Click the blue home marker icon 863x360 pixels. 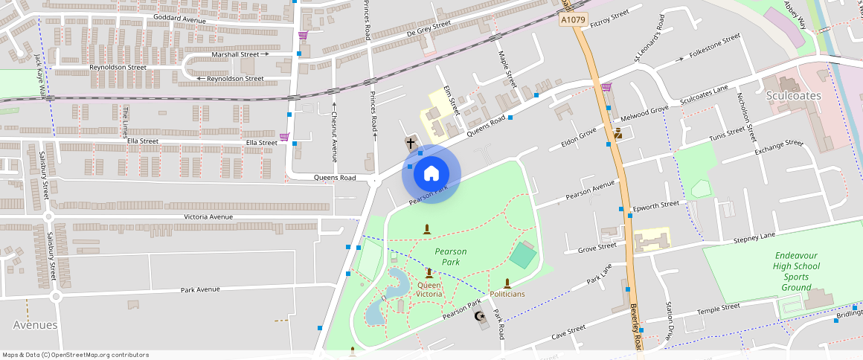(x=431, y=174)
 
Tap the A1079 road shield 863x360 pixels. (x=574, y=20)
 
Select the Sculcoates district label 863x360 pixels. (x=793, y=96)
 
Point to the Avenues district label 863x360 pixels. (x=35, y=325)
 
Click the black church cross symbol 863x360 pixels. (x=410, y=142)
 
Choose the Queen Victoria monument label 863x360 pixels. (x=429, y=289)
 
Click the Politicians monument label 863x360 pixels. (x=507, y=294)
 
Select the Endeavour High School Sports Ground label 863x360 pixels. (x=796, y=271)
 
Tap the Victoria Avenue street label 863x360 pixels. (x=208, y=217)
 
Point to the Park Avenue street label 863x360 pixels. (x=201, y=289)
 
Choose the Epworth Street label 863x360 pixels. (x=655, y=205)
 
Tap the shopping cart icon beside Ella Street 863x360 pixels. (x=283, y=137)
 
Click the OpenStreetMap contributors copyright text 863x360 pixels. (x=76, y=355)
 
